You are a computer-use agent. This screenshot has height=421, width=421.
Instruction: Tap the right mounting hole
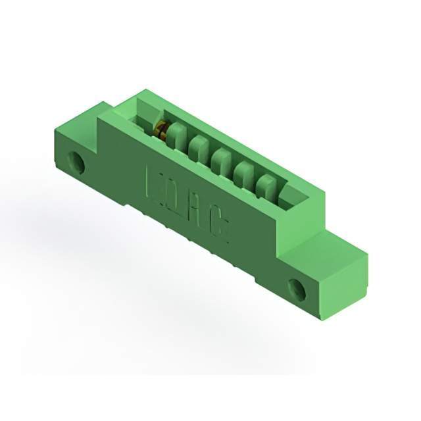[297, 288]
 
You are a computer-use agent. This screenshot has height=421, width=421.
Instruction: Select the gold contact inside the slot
[160, 131]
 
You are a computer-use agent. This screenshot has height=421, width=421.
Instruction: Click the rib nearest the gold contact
[175, 139]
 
